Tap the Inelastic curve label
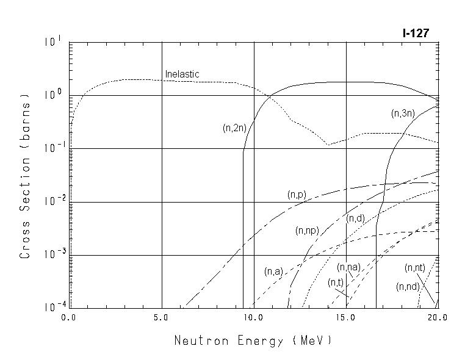(182, 74)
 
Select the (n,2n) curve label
(234, 128)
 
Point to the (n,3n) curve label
(402, 113)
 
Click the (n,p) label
(297, 195)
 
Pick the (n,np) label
(308, 231)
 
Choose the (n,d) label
(355, 218)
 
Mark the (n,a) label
(273, 272)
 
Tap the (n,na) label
(348, 267)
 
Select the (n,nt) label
(415, 268)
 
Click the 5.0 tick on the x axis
(162, 318)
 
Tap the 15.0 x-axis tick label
(346, 318)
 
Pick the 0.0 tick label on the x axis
(69, 318)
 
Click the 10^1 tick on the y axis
(52, 41)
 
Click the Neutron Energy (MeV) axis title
(253, 340)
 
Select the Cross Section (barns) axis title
(25, 175)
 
